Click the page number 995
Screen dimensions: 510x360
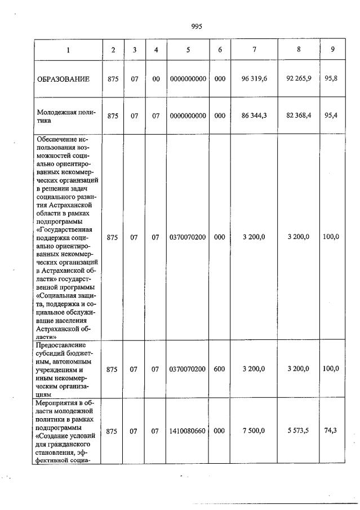(197, 26)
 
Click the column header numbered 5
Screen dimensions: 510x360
(188, 50)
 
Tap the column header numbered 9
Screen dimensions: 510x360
(332, 50)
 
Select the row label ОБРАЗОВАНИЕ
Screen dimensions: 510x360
(63, 79)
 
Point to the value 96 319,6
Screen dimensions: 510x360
(254, 79)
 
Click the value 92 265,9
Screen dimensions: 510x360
(299, 79)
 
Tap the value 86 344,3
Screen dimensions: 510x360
(254, 116)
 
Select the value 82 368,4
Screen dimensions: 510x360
(299, 116)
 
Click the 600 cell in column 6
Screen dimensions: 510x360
(220, 369)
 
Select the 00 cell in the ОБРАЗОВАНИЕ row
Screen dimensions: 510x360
(156, 79)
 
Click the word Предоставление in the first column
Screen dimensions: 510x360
(60, 344)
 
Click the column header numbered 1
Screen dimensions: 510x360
(68, 50)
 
